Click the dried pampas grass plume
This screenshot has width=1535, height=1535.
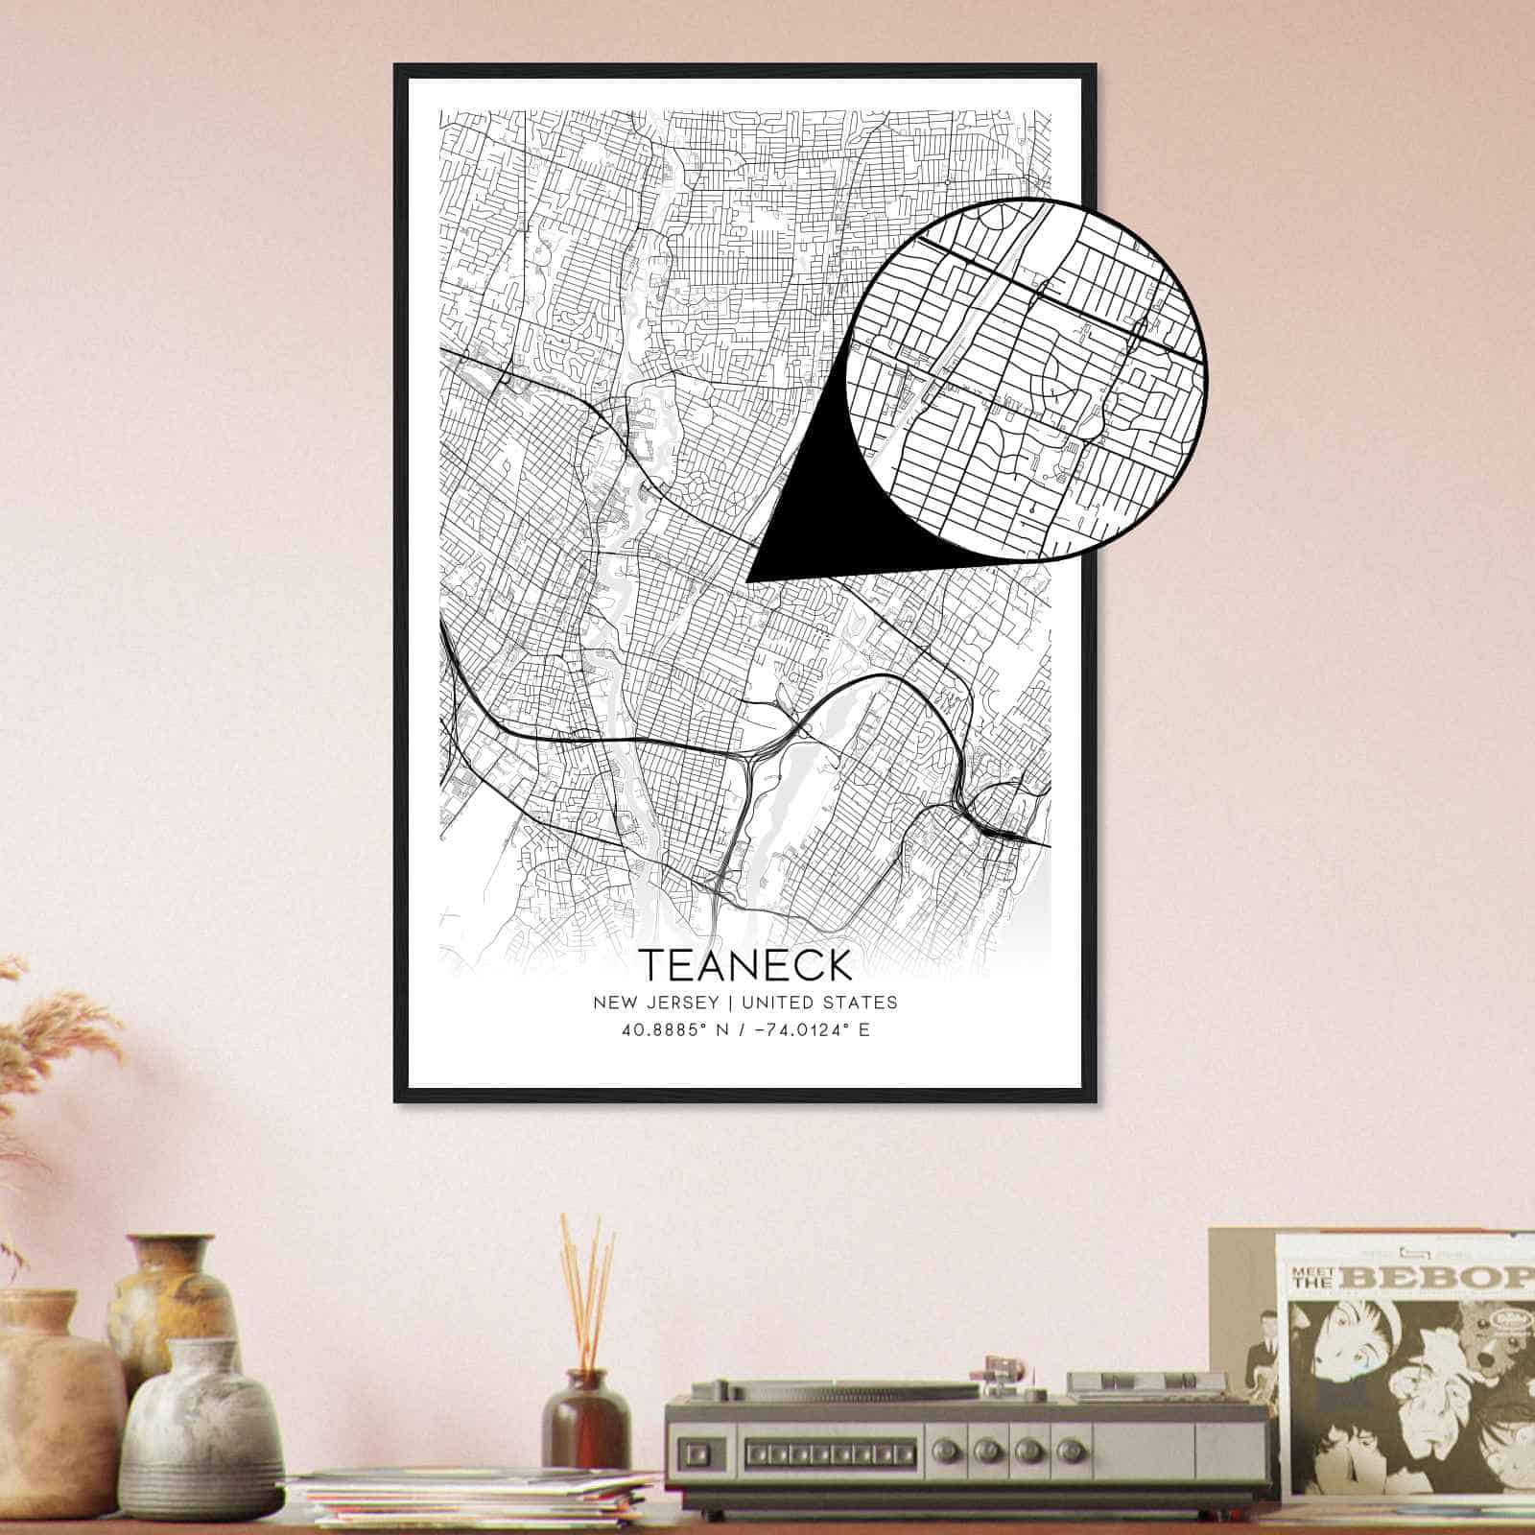click(67, 1036)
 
